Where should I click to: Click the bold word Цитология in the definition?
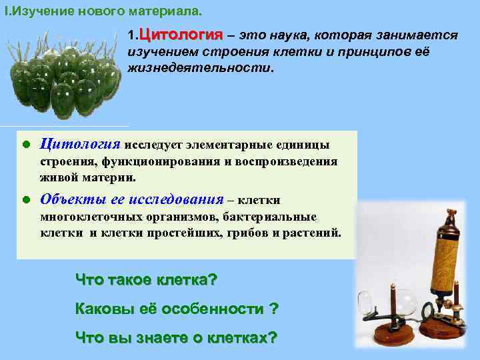tap(180, 34)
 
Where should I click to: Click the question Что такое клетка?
tap(147, 279)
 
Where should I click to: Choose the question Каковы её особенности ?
tap(177, 309)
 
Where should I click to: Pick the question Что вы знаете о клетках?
tap(176, 337)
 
